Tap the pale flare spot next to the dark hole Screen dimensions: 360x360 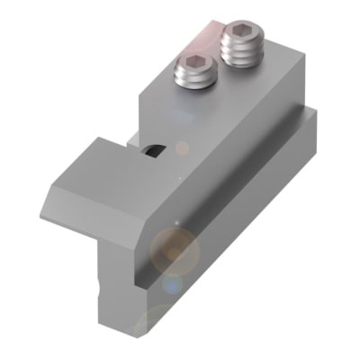tap(183, 147)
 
